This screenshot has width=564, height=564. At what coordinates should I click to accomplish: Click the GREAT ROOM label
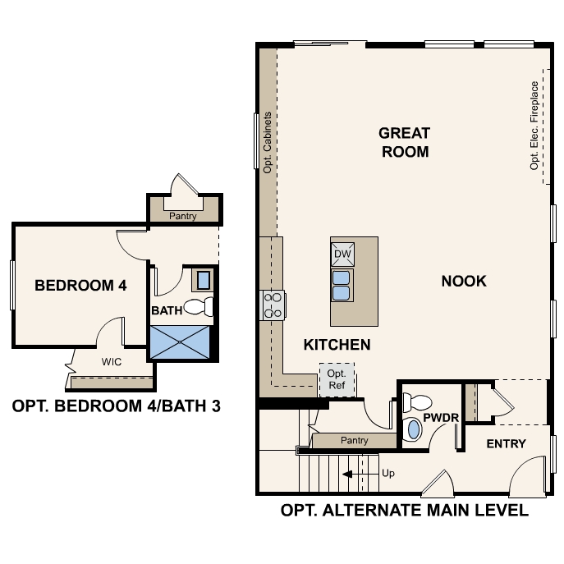point(404,142)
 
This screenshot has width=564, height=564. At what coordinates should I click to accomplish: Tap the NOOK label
point(464,282)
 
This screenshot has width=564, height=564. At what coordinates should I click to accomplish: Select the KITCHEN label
point(337,345)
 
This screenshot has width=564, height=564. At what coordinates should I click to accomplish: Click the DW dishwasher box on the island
point(343,255)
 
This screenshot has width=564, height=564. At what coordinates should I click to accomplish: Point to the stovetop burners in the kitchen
point(273,305)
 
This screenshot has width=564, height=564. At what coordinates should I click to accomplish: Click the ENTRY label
point(506,444)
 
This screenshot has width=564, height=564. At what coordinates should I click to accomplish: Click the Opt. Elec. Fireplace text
point(534,125)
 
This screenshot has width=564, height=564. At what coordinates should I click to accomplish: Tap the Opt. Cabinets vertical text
point(268,141)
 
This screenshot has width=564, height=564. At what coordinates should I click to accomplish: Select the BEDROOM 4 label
point(80,286)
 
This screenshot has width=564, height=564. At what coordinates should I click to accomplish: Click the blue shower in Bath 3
point(182,342)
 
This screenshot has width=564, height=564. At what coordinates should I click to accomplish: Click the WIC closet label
point(112,361)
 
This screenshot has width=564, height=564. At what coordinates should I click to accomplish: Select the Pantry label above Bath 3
point(182,217)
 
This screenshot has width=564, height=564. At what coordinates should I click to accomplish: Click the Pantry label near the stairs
point(355,441)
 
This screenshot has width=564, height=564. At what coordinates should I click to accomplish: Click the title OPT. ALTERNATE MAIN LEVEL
point(404,511)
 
